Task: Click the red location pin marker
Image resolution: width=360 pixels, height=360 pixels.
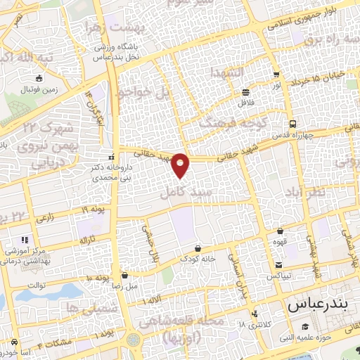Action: coord(181,165)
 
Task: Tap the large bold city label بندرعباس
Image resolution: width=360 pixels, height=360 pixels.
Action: coord(318,306)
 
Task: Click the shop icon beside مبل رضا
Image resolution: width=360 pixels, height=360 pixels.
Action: coord(124,275)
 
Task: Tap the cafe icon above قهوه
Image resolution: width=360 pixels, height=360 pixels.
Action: coord(281,230)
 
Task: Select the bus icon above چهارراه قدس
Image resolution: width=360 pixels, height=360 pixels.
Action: coord(292,122)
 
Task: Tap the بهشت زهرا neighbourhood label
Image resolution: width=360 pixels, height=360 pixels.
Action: coord(113,27)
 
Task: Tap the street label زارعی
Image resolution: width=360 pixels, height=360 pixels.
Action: coord(44,219)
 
